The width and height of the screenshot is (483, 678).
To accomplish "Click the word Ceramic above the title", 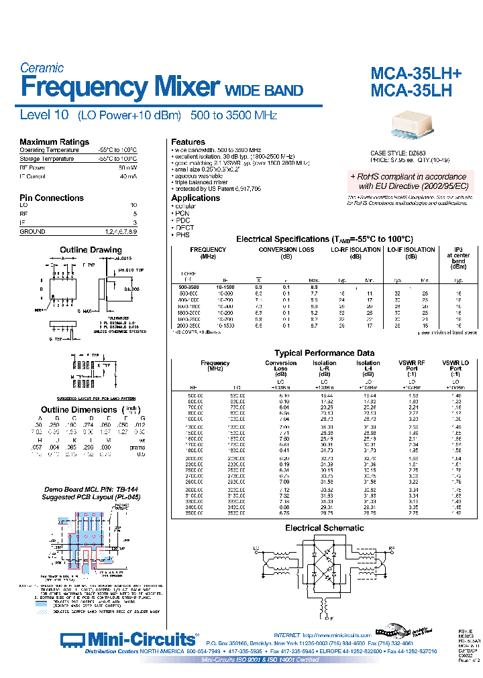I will tap(42, 68).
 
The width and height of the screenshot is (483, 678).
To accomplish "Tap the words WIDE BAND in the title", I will tap(263, 90).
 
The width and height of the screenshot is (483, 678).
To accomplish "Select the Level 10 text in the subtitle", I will tap(44, 115).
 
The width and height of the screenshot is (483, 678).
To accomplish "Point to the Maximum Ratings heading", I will tap(54, 142).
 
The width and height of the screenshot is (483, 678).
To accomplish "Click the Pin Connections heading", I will tap(52, 198).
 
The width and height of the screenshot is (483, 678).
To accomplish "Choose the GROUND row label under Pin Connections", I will tap(33, 231).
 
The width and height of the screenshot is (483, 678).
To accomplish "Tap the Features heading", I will tap(188, 142).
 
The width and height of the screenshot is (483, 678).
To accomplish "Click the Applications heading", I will tap(195, 198).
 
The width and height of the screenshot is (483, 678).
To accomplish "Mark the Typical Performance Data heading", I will tap(324, 353).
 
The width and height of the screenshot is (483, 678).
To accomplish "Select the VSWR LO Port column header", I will tap(455, 366).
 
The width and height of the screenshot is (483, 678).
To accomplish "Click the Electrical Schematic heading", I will tap(325, 528).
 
